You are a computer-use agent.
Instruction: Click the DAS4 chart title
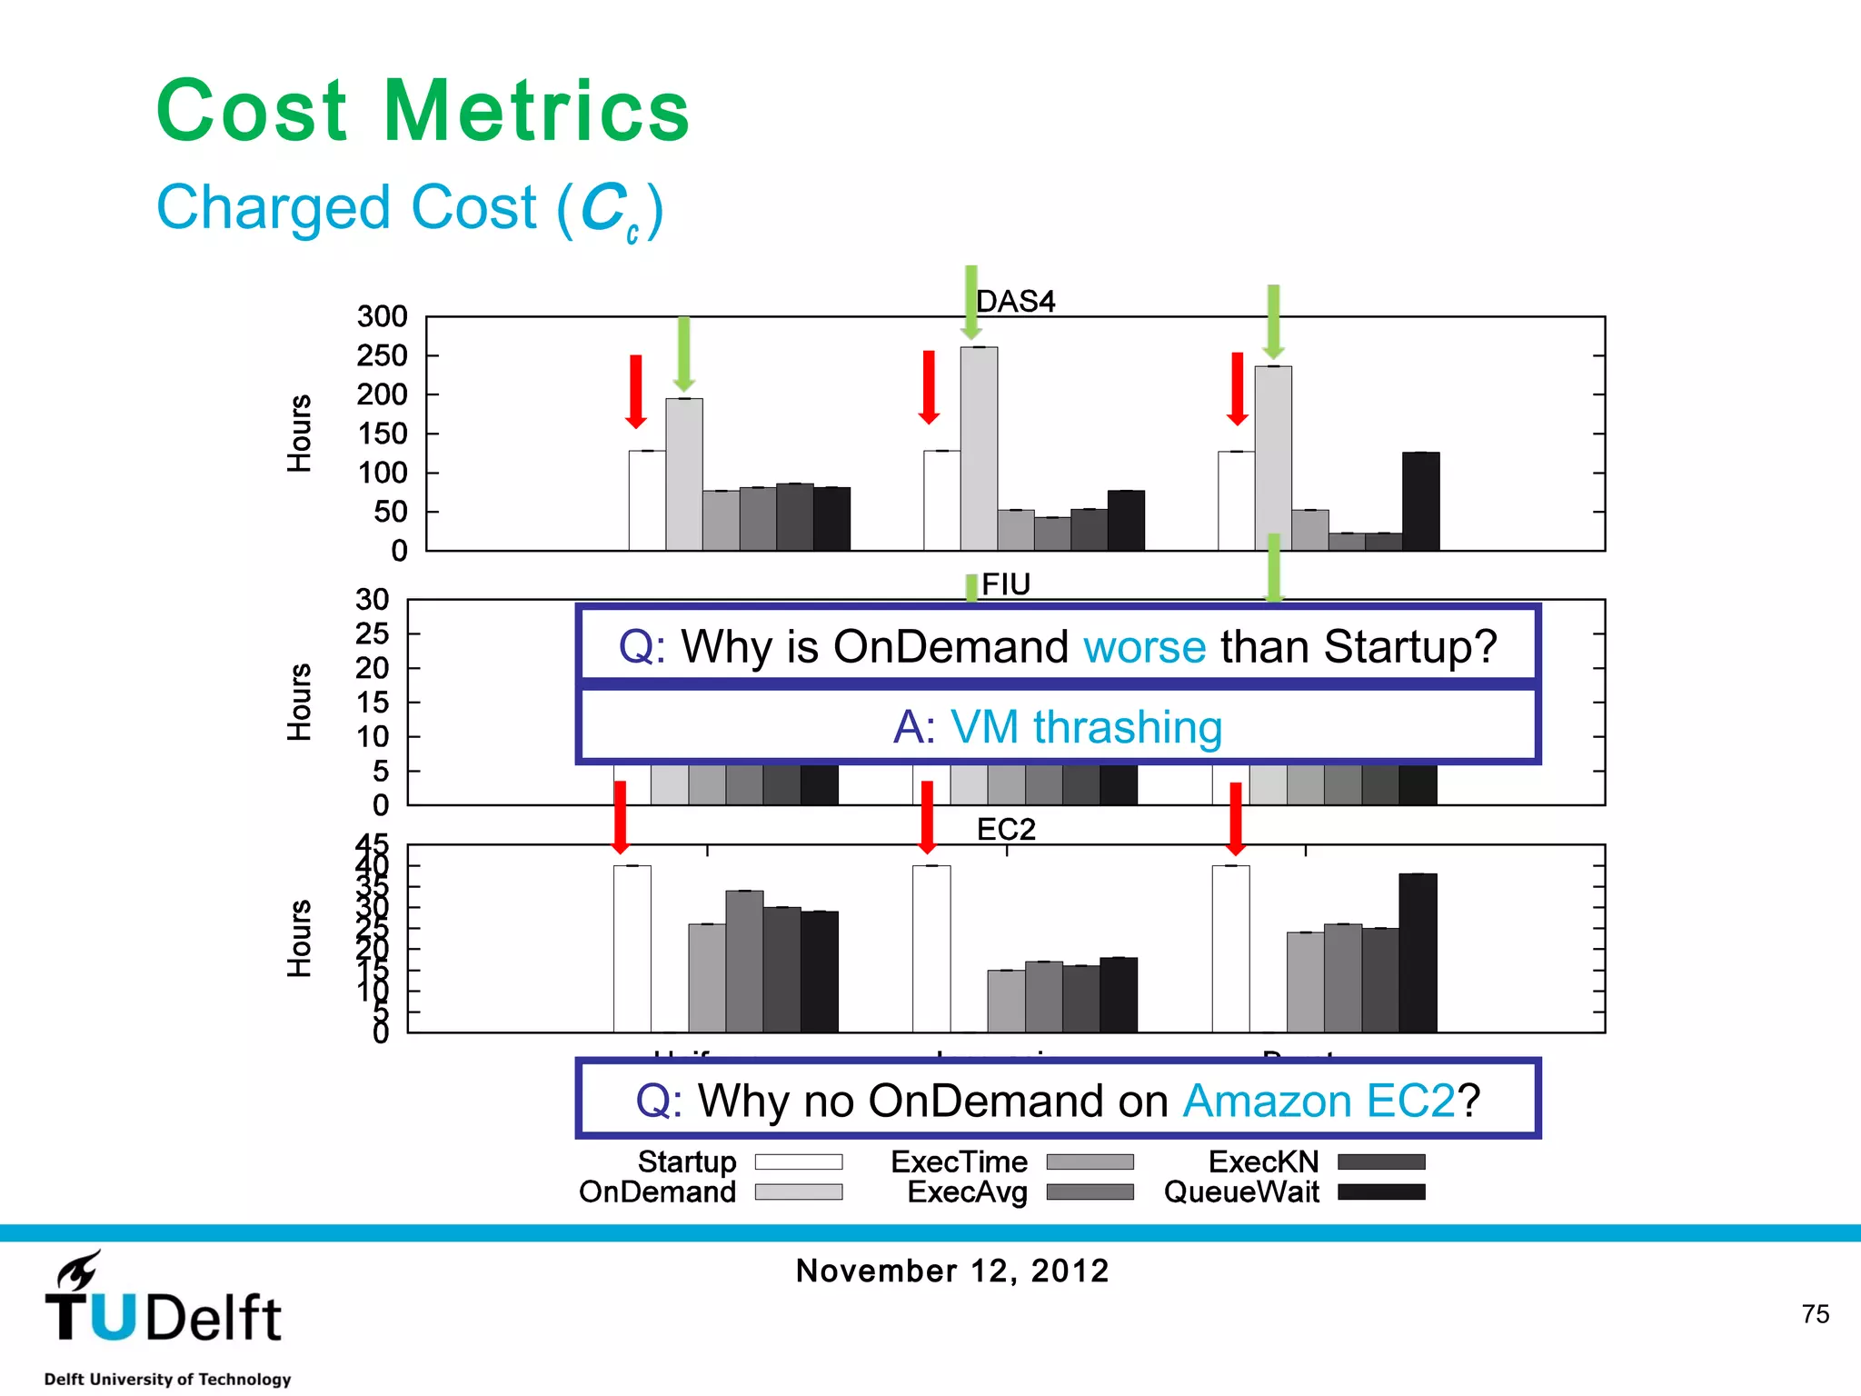point(1015,301)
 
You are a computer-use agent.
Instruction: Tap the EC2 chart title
point(1006,829)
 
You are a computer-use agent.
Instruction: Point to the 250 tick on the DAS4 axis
point(382,355)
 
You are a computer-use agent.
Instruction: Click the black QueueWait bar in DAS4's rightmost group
point(1420,501)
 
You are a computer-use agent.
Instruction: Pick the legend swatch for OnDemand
point(799,1192)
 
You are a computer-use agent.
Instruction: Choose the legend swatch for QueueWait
point(1381,1192)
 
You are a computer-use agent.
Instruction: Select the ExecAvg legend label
point(967,1192)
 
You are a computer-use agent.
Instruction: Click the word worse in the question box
point(1144,647)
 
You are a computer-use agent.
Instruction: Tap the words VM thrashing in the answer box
point(1086,727)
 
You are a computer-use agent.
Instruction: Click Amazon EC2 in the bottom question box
point(1319,1101)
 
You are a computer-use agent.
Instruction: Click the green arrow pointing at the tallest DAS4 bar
point(970,302)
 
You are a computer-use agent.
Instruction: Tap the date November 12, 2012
point(952,1270)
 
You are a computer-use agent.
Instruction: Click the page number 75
point(1815,1313)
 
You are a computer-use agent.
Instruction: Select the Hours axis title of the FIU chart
point(299,702)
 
